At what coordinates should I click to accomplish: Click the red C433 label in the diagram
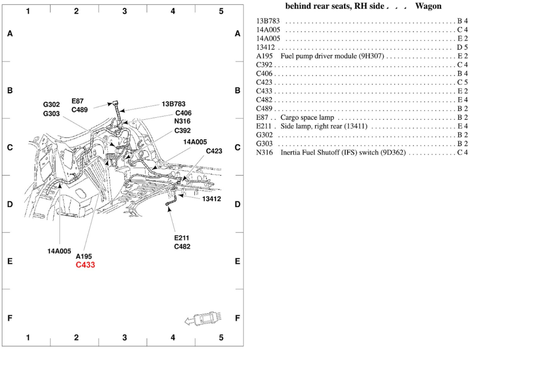85,265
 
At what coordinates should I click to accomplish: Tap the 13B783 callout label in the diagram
173,104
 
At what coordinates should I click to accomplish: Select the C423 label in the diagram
214,151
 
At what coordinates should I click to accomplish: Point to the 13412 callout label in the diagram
211,199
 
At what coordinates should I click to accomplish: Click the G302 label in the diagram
52,105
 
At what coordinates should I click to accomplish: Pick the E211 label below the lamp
182,238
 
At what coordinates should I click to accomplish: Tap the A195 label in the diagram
84,256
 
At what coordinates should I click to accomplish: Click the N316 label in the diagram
182,121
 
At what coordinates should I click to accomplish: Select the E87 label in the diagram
78,101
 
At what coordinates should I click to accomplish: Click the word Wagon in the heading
428,6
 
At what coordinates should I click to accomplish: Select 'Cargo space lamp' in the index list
307,117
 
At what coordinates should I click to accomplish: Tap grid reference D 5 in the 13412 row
462,47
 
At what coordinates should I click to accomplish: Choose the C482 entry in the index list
264,100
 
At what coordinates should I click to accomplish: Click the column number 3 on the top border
124,11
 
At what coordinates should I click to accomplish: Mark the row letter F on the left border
10,318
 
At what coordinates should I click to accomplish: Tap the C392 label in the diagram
182,130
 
